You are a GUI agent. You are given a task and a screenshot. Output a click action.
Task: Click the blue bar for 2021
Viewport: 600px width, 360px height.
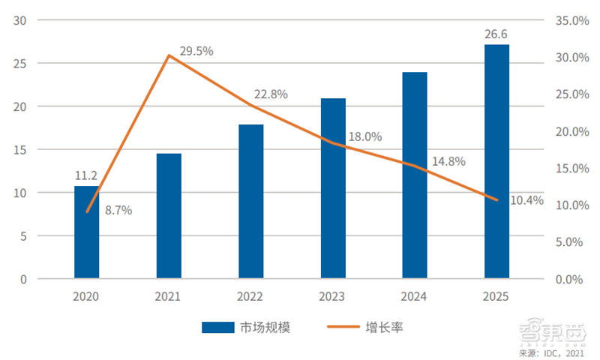[169, 216]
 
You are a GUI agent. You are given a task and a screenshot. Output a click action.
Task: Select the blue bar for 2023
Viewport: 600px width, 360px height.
[333, 188]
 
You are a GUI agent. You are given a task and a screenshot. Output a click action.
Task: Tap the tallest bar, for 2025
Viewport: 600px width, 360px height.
[496, 161]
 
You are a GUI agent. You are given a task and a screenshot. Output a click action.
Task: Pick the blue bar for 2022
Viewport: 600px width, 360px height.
[251, 201]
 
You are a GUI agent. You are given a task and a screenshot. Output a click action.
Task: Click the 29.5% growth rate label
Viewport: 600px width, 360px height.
[196, 51]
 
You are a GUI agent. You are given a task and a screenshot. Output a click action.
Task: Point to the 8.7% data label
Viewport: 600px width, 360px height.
[118, 210]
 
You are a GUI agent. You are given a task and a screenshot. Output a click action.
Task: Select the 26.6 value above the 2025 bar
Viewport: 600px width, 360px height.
[496, 34]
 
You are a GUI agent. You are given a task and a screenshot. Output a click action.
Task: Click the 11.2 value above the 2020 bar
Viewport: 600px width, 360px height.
[86, 175]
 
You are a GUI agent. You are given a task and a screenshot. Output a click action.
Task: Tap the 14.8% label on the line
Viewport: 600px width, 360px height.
[448, 161]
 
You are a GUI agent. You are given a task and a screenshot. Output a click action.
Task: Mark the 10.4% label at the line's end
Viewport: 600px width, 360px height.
[526, 200]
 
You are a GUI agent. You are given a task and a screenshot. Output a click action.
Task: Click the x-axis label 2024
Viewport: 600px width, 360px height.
[414, 296]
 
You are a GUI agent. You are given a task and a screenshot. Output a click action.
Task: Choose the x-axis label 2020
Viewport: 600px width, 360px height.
[85, 296]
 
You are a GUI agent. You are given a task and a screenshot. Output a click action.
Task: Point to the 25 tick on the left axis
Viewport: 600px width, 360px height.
[20, 64]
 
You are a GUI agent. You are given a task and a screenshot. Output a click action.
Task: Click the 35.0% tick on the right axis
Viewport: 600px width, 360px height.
[572, 20]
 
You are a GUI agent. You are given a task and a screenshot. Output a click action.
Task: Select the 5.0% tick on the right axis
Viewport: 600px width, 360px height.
[569, 241]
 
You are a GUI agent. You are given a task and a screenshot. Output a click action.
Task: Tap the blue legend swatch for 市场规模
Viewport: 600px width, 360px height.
[218, 327]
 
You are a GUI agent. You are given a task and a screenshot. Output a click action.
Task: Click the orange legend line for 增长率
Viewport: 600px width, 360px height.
[343, 327]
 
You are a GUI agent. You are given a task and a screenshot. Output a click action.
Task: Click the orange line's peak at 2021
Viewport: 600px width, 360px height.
[169, 55]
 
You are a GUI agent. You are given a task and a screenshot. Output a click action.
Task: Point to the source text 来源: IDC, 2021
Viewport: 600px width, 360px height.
[551, 353]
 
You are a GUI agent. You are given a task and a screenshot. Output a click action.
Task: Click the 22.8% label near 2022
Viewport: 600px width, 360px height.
[271, 94]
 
